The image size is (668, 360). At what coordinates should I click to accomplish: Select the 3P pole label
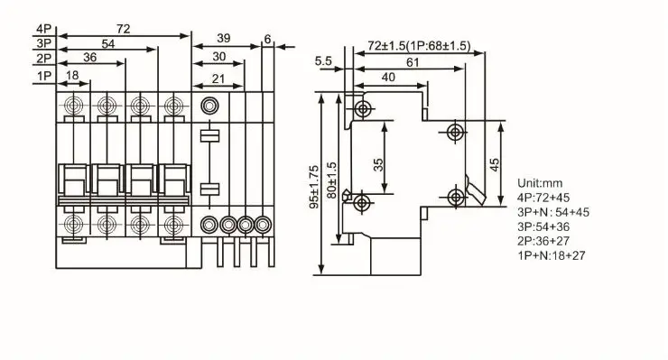click(43, 43)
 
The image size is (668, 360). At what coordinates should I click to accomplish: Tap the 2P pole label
click(43, 60)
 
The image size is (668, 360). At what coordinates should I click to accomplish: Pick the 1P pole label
click(43, 77)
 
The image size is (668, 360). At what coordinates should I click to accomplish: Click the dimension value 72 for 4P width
click(123, 28)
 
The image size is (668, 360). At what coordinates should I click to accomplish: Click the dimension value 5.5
click(324, 60)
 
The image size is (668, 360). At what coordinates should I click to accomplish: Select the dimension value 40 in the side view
click(387, 78)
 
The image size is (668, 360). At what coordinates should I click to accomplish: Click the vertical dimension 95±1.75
click(313, 186)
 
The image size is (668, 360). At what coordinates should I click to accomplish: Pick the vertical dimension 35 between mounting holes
click(378, 164)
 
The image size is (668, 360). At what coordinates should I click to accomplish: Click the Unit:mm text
click(541, 181)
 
